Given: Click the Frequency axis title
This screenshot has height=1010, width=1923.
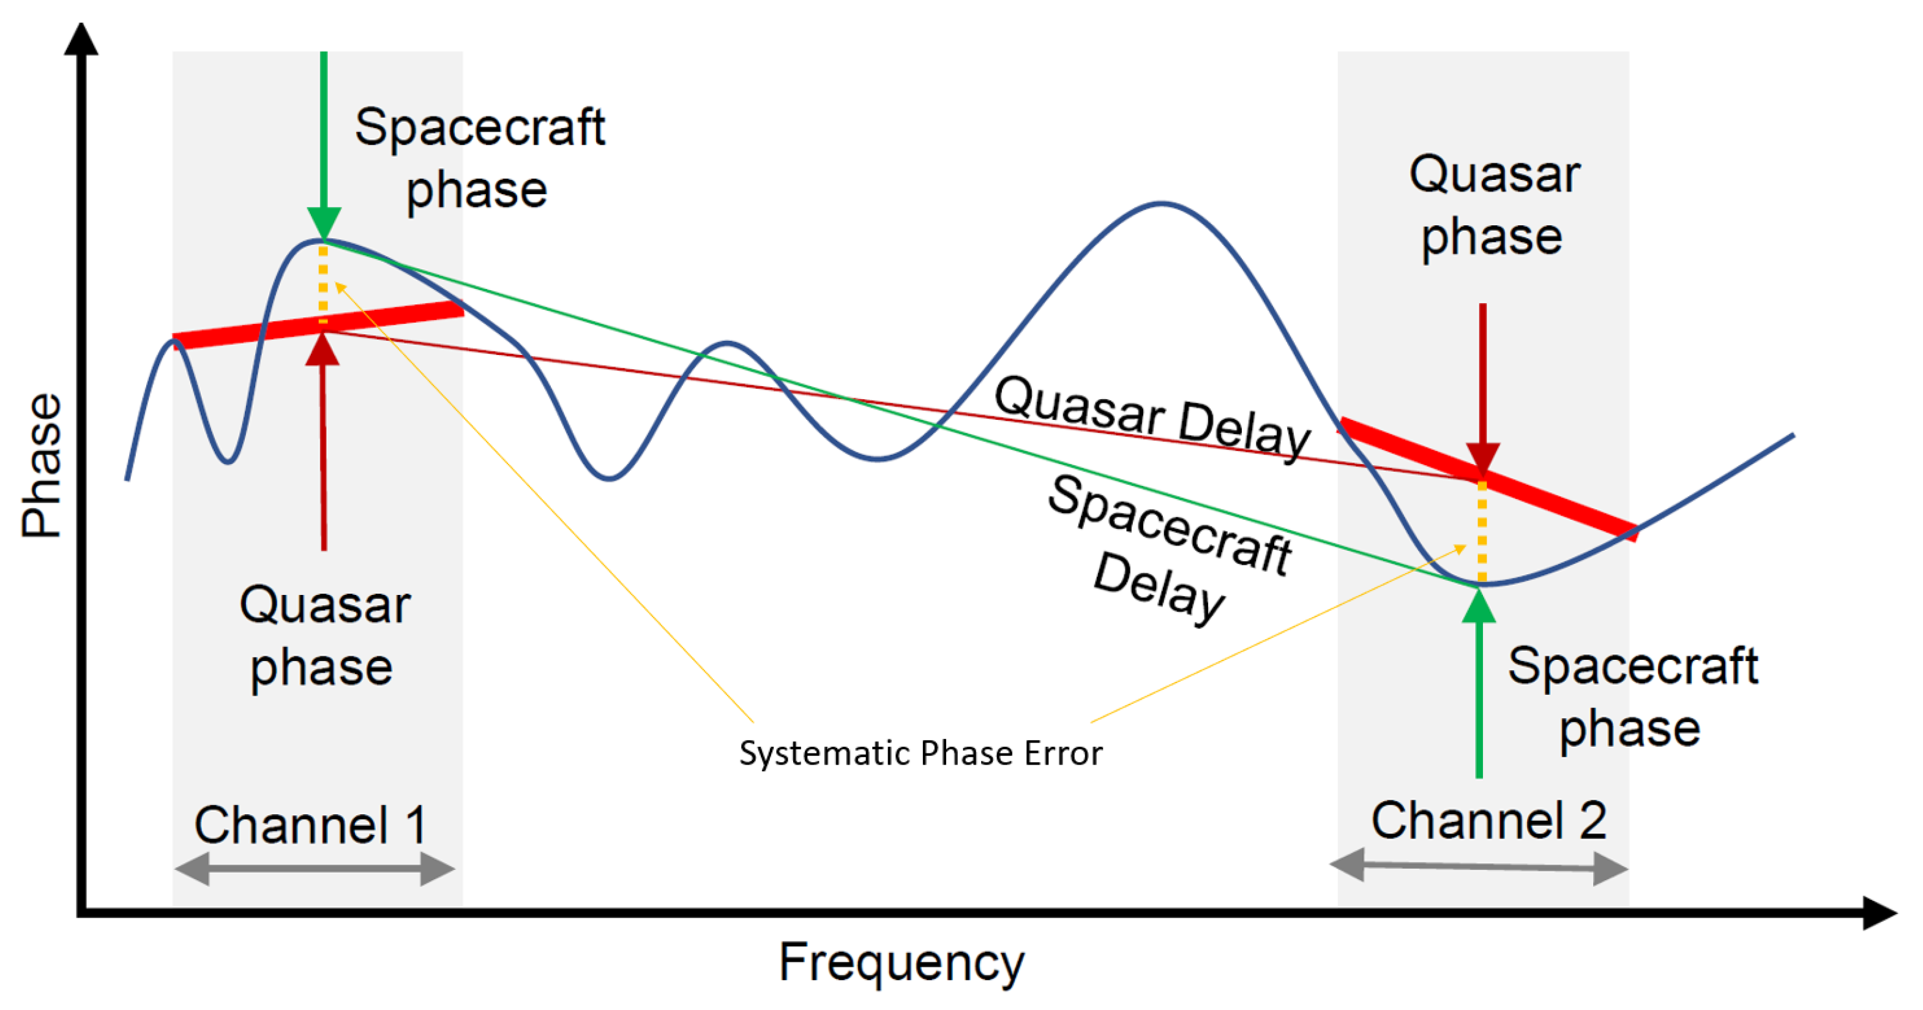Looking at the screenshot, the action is pyautogui.click(x=902, y=963).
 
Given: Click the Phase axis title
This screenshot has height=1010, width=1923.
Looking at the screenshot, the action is pyautogui.click(x=42, y=465).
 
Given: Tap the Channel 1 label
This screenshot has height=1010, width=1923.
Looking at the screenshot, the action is pyautogui.click(x=310, y=825).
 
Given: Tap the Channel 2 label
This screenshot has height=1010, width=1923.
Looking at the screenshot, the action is pyautogui.click(x=1488, y=820).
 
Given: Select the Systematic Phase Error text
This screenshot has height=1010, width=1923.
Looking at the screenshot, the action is pyautogui.click(x=920, y=752).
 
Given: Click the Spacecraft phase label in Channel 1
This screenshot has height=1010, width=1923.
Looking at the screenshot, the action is pyautogui.click(x=479, y=159).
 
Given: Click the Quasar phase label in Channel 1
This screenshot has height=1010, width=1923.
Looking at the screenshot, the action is pyautogui.click(x=323, y=636).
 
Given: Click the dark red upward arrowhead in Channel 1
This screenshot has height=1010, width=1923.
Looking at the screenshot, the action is pyautogui.click(x=323, y=349).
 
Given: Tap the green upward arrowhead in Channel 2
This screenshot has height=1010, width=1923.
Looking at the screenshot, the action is pyautogui.click(x=1479, y=605).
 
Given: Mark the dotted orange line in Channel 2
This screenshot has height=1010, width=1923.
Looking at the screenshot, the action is pyautogui.click(x=1482, y=531).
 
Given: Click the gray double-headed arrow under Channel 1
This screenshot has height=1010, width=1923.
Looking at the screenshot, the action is pyautogui.click(x=315, y=869).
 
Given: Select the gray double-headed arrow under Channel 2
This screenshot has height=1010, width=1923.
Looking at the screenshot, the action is pyautogui.click(x=1479, y=867).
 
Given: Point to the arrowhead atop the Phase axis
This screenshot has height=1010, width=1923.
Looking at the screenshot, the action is pyautogui.click(x=81, y=39).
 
